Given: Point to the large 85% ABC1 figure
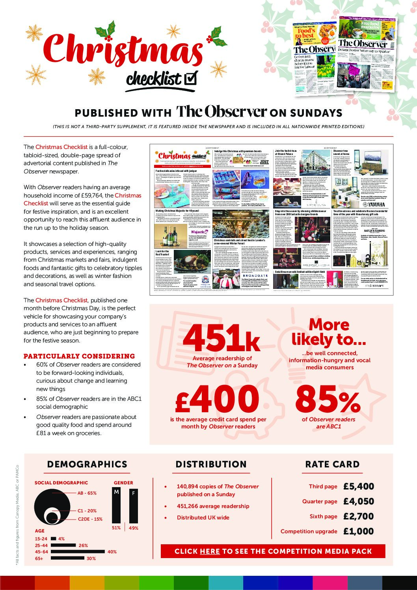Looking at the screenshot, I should (328, 399).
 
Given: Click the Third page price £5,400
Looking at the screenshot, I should (358, 486).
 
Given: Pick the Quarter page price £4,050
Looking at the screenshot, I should (358, 501).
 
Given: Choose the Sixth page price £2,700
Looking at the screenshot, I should (358, 516).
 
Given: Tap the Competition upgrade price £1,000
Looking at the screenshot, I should (358, 531).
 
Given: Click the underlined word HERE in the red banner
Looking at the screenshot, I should (210, 551).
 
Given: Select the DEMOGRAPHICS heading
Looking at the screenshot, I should (87, 464).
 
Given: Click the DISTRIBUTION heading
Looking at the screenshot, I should (211, 464).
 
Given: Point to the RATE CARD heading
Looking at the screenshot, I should (332, 464).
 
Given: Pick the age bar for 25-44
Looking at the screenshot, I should (63, 545).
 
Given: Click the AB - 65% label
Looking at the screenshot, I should (87, 493).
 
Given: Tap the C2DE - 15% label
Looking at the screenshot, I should (90, 519).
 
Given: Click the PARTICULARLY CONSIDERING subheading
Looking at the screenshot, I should (79, 356).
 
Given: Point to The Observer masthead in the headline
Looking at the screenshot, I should (221, 112).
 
